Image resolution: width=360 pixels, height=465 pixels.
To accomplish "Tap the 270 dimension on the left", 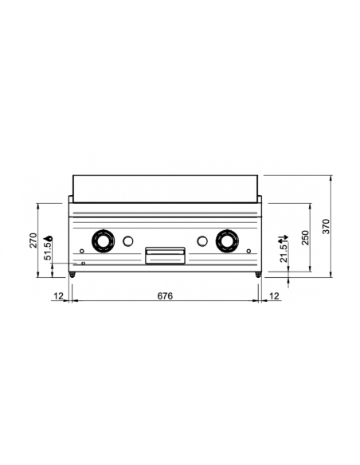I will click(x=33, y=240).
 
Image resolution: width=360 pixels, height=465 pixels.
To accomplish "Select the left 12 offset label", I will click(x=58, y=295).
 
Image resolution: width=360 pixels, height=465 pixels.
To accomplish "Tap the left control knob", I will click(x=102, y=239).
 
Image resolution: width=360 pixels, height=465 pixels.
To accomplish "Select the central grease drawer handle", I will click(x=165, y=253).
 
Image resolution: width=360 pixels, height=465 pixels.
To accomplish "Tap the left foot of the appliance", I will click(x=73, y=274).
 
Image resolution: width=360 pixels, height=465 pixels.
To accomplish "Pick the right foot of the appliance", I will click(x=257, y=274).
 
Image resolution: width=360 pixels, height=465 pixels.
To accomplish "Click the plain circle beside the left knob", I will click(x=127, y=239).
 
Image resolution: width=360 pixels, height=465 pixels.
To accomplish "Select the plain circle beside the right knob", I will click(x=202, y=239).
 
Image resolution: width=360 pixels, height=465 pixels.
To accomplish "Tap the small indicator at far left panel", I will click(x=80, y=254).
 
